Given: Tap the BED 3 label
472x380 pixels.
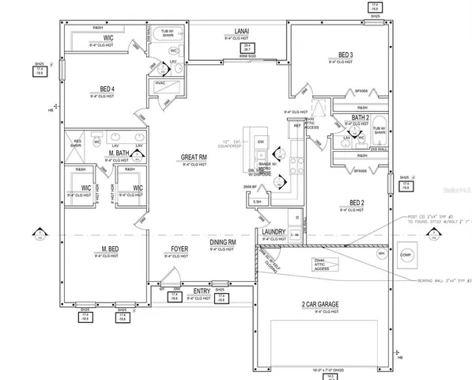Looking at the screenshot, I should (x=345, y=55).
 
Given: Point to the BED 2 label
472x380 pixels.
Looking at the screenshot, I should (x=356, y=202).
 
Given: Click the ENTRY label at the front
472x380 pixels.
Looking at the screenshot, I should (x=202, y=291).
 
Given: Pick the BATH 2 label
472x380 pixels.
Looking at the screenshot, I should (x=360, y=117).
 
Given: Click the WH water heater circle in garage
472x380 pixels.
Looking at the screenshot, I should (x=381, y=254).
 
